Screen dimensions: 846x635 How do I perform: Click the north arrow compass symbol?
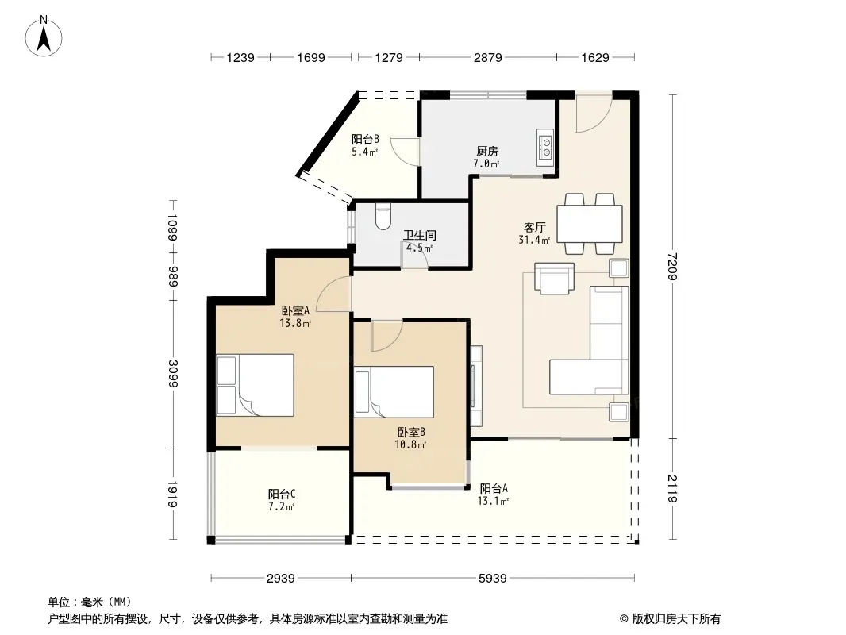[x=44, y=37]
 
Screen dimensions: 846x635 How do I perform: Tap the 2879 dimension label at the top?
[x=488, y=57]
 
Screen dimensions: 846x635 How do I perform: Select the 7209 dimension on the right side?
[x=671, y=267]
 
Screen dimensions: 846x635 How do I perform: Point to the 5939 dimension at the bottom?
[x=493, y=579]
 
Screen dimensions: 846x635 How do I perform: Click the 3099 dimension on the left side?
[x=173, y=373]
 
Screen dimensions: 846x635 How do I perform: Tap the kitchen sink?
[x=545, y=148]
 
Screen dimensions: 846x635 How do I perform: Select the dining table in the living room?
[x=590, y=223]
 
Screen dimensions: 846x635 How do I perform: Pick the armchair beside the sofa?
[x=554, y=279]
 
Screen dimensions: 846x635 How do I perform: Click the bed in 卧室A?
[x=256, y=385]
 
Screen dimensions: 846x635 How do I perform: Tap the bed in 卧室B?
[x=394, y=392]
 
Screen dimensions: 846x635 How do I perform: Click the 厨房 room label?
[x=486, y=152]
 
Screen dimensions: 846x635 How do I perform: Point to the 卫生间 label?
[x=420, y=235]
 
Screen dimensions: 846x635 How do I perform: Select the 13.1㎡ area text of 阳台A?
[x=493, y=501]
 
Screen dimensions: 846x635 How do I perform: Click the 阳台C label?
[x=282, y=494]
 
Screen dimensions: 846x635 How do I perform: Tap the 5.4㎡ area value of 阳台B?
[x=365, y=152]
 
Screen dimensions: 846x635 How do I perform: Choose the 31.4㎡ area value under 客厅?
[x=534, y=240]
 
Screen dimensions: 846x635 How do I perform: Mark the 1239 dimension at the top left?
[x=240, y=57]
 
